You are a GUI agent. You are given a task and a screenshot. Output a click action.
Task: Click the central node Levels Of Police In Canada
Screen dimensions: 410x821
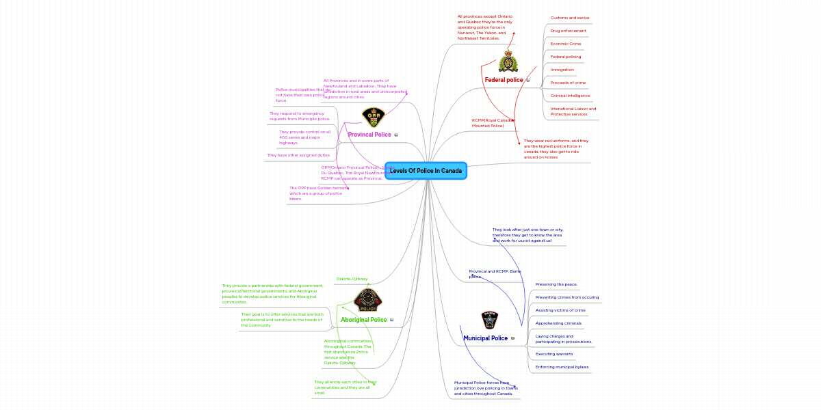pos(426,171)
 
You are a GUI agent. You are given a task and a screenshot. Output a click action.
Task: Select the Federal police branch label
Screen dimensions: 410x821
pos(504,80)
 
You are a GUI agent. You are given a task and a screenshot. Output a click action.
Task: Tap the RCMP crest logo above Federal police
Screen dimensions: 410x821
pos(508,61)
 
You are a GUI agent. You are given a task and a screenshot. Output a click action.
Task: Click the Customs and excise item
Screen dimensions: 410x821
pos(569,18)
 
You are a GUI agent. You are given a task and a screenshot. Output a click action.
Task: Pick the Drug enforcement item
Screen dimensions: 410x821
pos(568,31)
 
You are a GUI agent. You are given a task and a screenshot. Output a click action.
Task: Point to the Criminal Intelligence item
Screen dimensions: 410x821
pos(570,96)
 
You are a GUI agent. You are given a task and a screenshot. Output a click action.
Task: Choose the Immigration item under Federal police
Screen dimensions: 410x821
pos(562,70)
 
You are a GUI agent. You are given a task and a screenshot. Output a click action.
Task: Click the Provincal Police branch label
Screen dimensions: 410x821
pos(369,135)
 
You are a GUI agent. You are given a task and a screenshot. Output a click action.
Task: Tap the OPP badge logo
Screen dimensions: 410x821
pos(374,118)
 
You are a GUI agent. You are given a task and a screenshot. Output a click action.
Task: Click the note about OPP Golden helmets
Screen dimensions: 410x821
pos(315,193)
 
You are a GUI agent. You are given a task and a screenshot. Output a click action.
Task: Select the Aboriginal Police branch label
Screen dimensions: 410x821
pos(363,320)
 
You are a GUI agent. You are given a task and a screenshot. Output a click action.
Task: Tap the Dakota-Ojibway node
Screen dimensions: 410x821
pos(352,279)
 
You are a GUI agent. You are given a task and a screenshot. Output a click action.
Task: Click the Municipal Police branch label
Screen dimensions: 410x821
pos(485,338)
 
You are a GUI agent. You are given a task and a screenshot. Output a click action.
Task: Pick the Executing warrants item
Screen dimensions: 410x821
pos(553,354)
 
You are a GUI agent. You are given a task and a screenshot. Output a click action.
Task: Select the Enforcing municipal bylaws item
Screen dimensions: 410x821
pos(561,367)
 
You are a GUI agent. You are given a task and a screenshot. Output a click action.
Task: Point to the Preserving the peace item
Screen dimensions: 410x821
pos(556,284)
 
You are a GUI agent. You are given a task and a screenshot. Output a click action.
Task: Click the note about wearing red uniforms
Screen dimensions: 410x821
pos(556,149)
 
